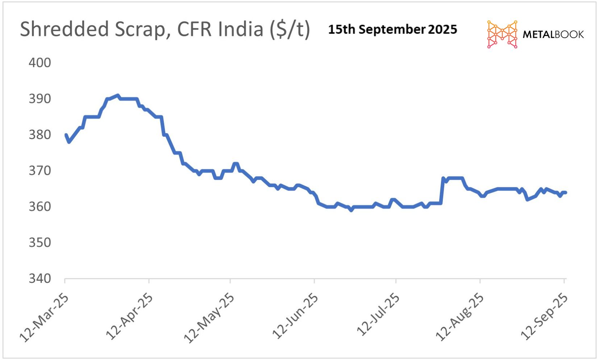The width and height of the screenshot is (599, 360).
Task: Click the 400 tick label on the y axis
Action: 40,63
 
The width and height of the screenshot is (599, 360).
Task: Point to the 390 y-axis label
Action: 40,99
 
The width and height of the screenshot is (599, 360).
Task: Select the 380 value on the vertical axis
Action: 40,135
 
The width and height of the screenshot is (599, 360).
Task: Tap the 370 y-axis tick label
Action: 40,170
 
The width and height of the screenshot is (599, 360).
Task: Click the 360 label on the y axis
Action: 40,207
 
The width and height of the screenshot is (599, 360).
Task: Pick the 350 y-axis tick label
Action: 40,243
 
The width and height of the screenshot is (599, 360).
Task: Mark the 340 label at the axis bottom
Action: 40,278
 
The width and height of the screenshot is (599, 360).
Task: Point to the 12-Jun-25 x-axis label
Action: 295,316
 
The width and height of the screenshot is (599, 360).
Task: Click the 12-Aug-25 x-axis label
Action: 460,316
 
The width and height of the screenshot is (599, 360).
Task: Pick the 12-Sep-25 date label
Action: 544,316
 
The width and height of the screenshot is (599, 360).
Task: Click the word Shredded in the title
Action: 65,29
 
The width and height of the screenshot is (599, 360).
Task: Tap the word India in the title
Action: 243,29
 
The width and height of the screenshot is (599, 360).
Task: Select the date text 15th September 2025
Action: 392,29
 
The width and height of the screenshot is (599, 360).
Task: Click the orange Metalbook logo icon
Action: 502,34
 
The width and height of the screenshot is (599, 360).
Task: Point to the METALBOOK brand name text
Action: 553,34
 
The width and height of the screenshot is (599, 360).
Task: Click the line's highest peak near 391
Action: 117,96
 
